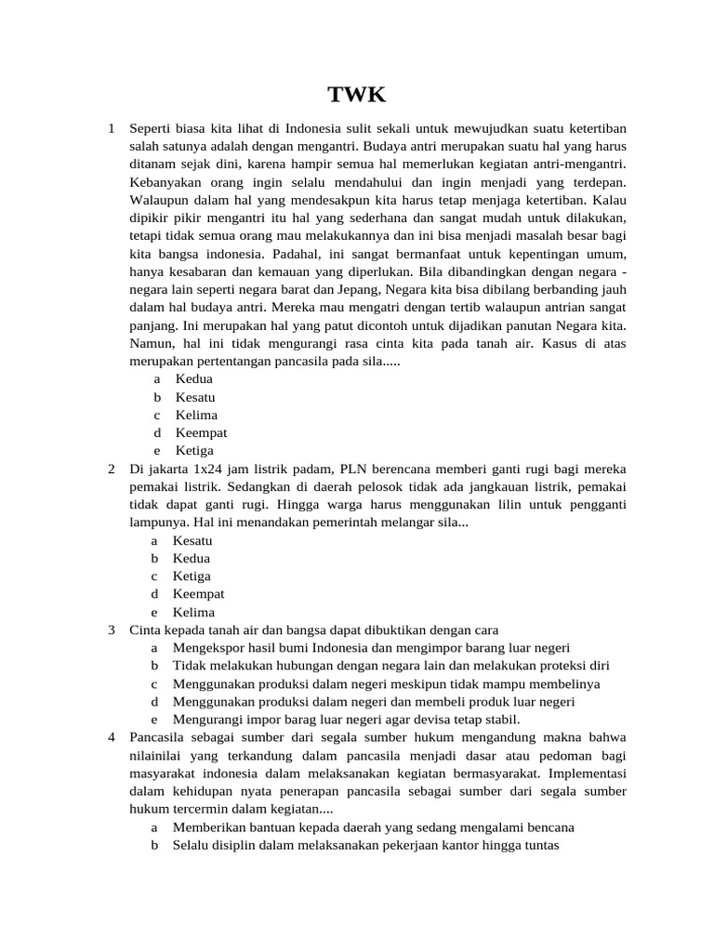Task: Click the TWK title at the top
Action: coord(356,95)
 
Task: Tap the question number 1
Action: coord(111,127)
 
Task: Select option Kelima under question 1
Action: coord(196,415)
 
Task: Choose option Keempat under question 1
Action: coord(201,432)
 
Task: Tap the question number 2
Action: coord(111,469)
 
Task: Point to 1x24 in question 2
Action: coord(211,469)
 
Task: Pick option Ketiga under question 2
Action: coord(192,575)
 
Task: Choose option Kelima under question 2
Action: coord(193,612)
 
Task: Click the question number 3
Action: coord(111,629)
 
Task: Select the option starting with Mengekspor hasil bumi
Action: coord(371,647)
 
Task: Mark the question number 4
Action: coord(111,737)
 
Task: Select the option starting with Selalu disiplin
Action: coord(365,845)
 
